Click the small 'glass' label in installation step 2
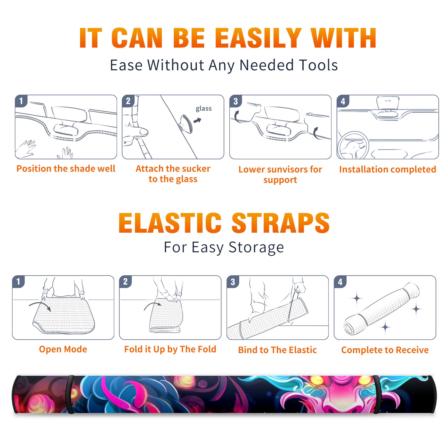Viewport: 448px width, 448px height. tap(204, 109)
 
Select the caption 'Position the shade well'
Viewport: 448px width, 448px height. tap(66, 169)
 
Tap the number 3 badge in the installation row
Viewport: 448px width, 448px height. tap(235, 101)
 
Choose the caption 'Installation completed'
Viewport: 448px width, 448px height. tap(388, 169)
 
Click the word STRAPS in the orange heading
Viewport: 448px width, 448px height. tap(281, 223)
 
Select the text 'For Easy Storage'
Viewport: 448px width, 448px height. tap(224, 247)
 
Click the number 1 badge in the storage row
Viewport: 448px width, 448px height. tap(18, 281)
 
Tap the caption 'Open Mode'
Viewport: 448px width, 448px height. tap(63, 349)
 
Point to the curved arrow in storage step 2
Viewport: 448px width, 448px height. tap(152, 305)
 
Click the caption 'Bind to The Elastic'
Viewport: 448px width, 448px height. tap(277, 350)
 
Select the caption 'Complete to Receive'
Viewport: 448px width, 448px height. tap(385, 350)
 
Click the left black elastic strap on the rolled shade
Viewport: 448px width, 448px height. tap(70, 394)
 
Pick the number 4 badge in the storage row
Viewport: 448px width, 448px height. tap(340, 282)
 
